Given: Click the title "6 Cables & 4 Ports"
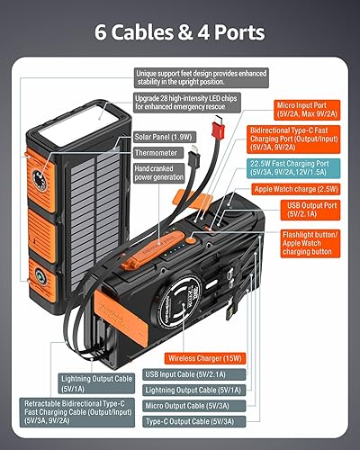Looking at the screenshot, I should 180,34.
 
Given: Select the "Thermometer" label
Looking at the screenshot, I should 158,153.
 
